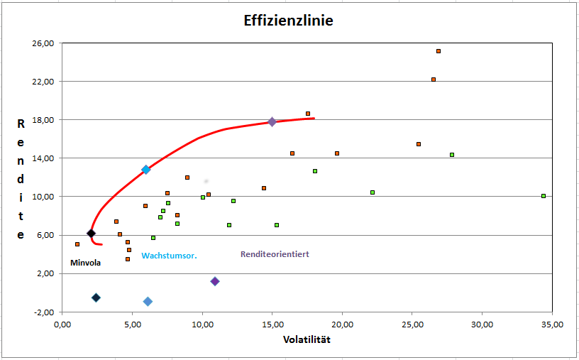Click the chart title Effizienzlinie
pos(284,21)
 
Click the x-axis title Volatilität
pos(307,339)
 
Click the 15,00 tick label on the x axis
pos(273,324)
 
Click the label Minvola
pos(85,263)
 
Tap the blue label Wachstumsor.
pos(169,255)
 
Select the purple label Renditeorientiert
pos(275,253)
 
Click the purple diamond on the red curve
pos(272,122)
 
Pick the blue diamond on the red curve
pos(146,170)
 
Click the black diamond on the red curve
pos(91,233)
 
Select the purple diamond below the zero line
pos(215,281)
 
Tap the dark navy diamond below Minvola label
pos(96,298)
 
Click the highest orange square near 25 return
pos(439,51)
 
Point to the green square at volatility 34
pos(544,196)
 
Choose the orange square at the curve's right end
pos(308,114)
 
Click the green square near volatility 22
pos(373,192)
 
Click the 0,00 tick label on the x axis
pos(62,324)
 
